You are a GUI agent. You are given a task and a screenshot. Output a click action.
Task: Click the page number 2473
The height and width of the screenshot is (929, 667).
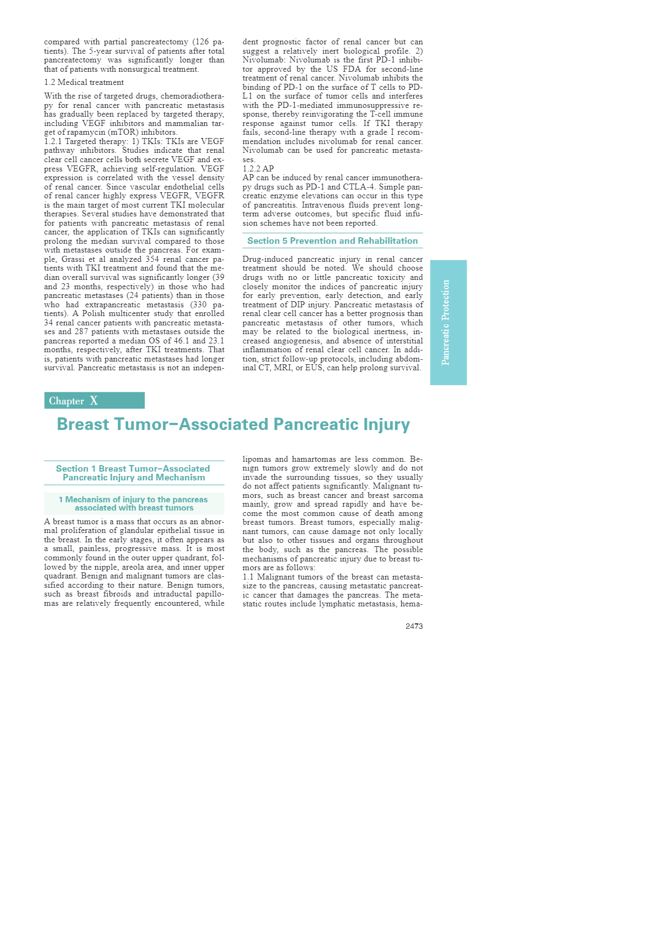click(x=414, y=626)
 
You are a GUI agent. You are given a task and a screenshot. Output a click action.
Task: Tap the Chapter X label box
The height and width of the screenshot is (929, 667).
click(x=94, y=400)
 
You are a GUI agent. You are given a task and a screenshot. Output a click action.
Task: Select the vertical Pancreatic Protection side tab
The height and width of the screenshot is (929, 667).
click(x=448, y=322)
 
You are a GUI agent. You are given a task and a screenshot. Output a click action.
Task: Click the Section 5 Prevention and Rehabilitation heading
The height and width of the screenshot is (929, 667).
click(x=332, y=241)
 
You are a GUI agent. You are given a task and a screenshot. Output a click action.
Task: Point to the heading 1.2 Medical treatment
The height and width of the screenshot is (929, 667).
click(x=84, y=82)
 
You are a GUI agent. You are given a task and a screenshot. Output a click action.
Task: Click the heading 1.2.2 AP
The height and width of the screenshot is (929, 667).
click(x=258, y=169)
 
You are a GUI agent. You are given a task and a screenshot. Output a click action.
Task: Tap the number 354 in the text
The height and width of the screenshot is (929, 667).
click(x=152, y=259)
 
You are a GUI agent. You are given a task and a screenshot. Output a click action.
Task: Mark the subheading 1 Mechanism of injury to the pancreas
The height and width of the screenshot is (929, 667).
click(x=134, y=500)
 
